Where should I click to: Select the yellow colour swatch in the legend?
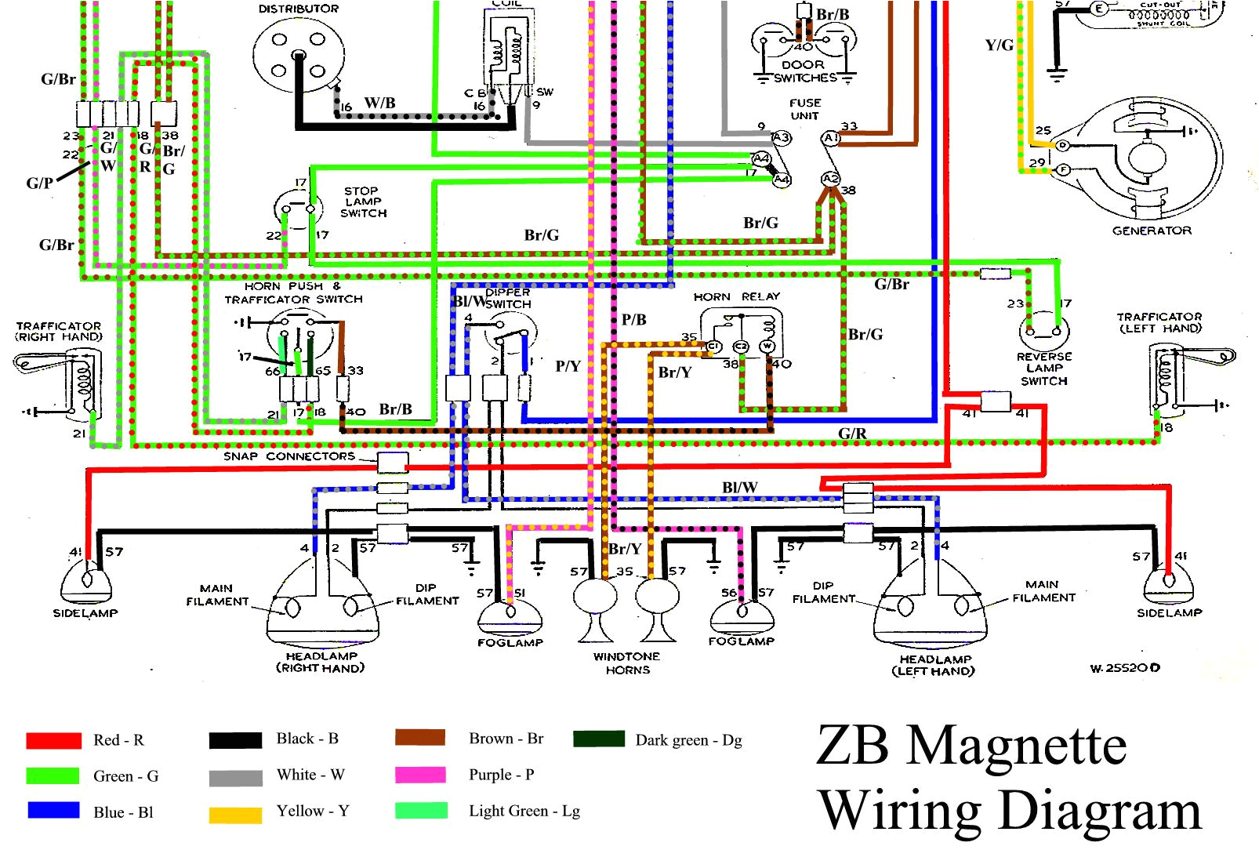[235, 815]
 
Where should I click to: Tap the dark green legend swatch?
[599, 739]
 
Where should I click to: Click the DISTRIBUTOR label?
[299, 9]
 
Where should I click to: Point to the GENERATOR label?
[1152, 231]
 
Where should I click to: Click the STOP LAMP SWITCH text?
[363, 202]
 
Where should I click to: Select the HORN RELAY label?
[736, 296]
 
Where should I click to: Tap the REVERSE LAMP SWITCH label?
[1043, 369]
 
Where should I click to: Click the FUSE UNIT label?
[805, 109]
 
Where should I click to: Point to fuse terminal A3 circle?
[782, 138]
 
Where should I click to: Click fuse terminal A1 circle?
[830, 138]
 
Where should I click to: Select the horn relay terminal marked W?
[767, 347]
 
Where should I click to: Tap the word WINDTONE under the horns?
[626, 656]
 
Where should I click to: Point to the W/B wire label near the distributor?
[379, 103]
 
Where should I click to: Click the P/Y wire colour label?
[568, 366]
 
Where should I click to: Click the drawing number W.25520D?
[1124, 668]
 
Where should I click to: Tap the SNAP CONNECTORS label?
[288, 456]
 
